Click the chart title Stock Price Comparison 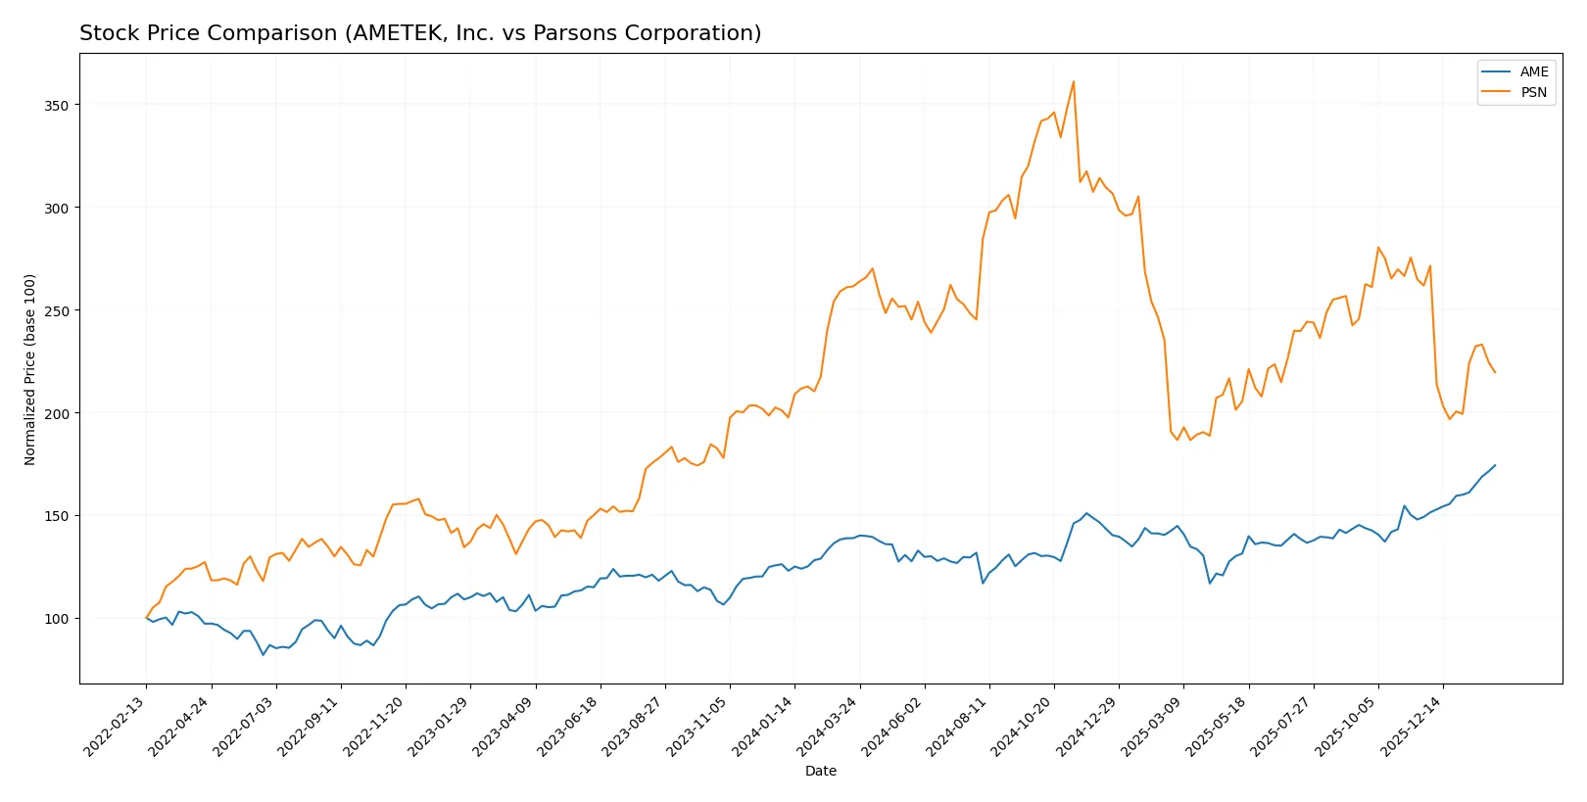coord(420,33)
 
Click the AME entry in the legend coord(1533,71)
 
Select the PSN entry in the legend coord(1533,92)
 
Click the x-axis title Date coord(820,771)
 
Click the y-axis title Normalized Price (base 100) coord(30,369)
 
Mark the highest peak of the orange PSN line coord(1074,81)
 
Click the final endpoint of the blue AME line coord(1495,465)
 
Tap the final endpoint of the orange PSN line coord(1495,372)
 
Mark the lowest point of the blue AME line coord(263,654)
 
